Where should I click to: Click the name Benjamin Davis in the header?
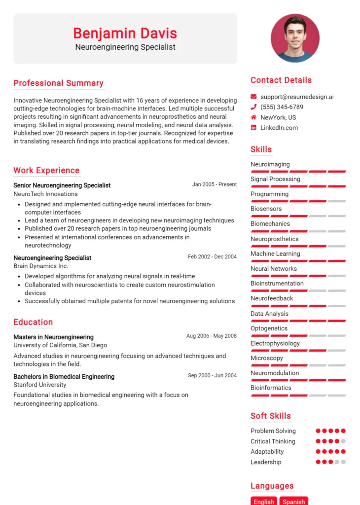pos(125,33)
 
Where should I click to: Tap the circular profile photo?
pos(295,38)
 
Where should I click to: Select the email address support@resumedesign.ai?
pos(297,97)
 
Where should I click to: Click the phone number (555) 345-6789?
pos(282,107)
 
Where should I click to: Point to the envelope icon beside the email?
pos(253,97)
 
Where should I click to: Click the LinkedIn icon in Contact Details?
pos(253,128)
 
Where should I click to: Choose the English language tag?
pos(264,501)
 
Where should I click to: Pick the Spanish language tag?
pos(294,501)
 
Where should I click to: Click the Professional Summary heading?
pos(58,83)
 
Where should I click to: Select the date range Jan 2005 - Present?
pos(214,184)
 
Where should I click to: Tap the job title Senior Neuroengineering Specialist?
pos(62,185)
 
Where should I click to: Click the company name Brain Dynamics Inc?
pos(41,266)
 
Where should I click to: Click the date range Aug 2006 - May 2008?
pos(211,336)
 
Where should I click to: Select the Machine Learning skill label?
pos(275,253)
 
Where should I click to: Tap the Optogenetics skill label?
pos(269,328)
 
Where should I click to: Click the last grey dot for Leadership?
pos(343,462)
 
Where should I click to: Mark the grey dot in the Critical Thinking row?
pos(343,441)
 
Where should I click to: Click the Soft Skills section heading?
pos(270,416)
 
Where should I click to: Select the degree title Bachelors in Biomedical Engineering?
pos(64,377)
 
